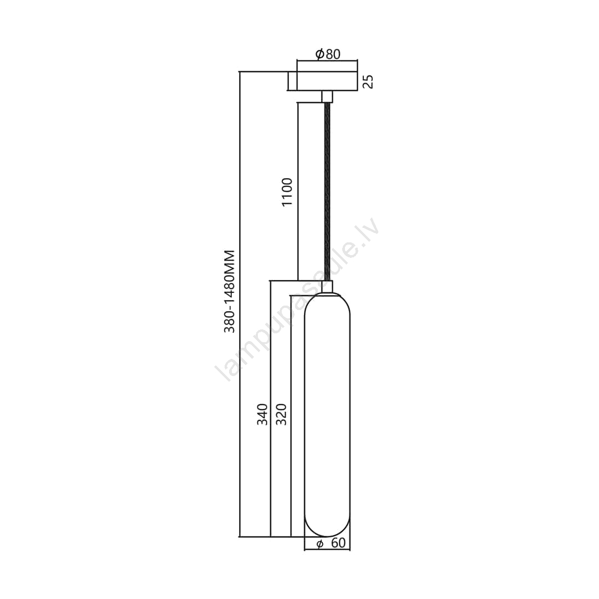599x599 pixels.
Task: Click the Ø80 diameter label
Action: pyautogui.click(x=328, y=54)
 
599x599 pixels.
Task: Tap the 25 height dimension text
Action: pyautogui.click(x=368, y=82)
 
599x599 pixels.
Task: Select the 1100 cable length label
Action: pyautogui.click(x=287, y=192)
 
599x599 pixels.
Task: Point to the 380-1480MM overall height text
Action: pyautogui.click(x=229, y=291)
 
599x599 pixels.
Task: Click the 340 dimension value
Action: pyautogui.click(x=262, y=414)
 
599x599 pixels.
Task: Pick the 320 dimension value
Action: pyautogui.click(x=281, y=414)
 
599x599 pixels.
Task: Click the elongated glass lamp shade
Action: pyautogui.click(x=327, y=415)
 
